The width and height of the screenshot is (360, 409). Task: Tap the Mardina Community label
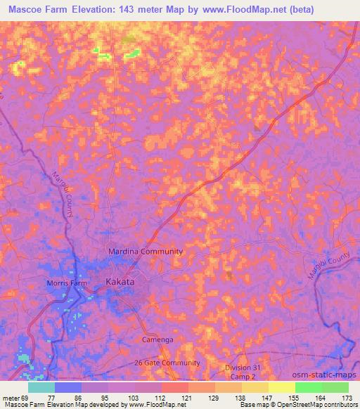[146, 251]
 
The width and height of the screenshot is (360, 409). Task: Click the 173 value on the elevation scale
[347, 398]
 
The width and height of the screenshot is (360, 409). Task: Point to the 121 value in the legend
[188, 398]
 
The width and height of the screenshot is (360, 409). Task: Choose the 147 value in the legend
[268, 398]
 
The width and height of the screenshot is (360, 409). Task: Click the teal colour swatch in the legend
[41, 387]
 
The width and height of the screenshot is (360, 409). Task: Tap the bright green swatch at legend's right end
[335, 387]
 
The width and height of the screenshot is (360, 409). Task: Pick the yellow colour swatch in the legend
[281, 387]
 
